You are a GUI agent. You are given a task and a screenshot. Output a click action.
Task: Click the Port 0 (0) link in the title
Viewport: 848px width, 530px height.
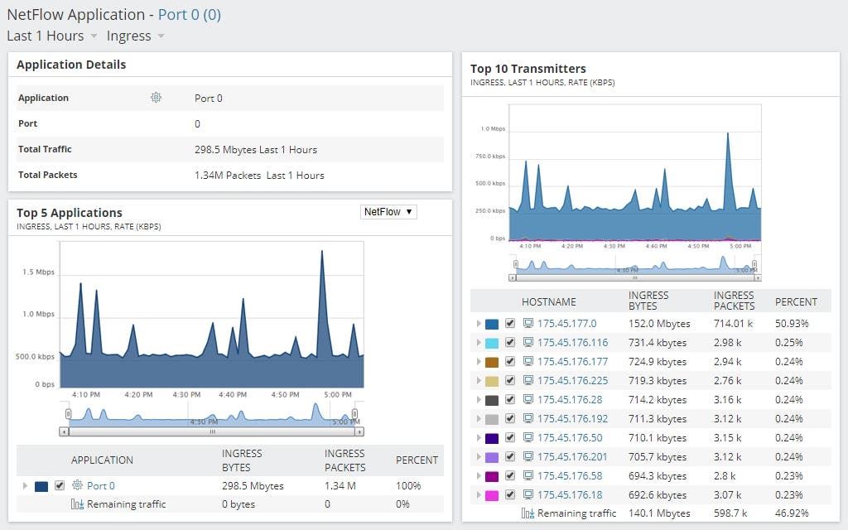point(189,14)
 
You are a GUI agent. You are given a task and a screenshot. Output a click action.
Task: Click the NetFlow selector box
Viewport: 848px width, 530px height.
point(388,212)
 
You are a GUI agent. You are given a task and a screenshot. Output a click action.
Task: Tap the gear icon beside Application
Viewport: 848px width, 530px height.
point(156,98)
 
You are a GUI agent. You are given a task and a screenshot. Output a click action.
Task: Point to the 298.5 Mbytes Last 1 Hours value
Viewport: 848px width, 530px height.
point(255,149)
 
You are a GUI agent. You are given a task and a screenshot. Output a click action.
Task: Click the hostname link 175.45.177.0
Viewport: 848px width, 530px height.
point(566,324)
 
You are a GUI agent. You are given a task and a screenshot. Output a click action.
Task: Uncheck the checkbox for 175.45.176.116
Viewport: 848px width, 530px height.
point(510,343)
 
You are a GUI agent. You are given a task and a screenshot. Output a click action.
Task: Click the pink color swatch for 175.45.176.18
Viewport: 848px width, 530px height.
point(491,495)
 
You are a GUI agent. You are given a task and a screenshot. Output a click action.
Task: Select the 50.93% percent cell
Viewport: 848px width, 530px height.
point(792,324)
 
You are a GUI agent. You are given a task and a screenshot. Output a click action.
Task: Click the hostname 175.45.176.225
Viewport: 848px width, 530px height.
point(572,381)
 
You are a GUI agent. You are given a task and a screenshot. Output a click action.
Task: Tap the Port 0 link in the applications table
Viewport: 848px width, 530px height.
point(100,486)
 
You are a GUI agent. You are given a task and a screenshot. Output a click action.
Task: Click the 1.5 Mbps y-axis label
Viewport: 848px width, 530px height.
point(39,272)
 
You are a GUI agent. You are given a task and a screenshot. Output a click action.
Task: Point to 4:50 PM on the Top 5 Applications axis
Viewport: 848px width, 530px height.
point(284,395)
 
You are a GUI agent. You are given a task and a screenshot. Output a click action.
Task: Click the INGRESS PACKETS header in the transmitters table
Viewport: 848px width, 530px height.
point(734,301)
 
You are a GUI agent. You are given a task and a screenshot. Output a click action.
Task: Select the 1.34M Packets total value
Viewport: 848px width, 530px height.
point(258,175)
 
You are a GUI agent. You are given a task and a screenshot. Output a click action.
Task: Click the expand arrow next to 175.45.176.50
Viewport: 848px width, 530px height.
point(478,438)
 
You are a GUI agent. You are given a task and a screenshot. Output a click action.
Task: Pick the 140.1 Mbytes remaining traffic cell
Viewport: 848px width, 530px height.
point(659,513)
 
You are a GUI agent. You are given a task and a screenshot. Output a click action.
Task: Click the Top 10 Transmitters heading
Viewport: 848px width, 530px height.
point(528,69)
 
